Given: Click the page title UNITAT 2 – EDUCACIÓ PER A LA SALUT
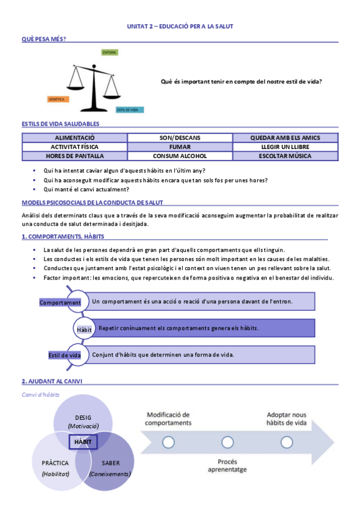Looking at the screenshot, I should point(180,26).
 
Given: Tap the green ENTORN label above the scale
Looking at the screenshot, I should point(109,52).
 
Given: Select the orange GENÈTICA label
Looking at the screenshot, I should point(57,98).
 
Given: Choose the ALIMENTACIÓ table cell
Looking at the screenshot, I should point(75,138).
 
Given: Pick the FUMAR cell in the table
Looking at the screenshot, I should point(180,146).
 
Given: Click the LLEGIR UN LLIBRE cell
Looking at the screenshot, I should point(285,146).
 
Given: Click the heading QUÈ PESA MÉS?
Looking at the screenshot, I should point(44,38).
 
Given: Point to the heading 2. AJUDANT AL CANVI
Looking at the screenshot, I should point(52,381).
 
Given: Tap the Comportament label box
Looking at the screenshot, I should point(60,303).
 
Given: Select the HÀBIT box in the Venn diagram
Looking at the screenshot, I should point(83,441).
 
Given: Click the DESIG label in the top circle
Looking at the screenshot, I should point(83,417).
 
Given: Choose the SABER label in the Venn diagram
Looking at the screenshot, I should point(111,463).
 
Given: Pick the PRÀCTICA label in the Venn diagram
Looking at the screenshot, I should point(56,463).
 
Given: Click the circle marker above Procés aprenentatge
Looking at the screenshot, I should point(227,442).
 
